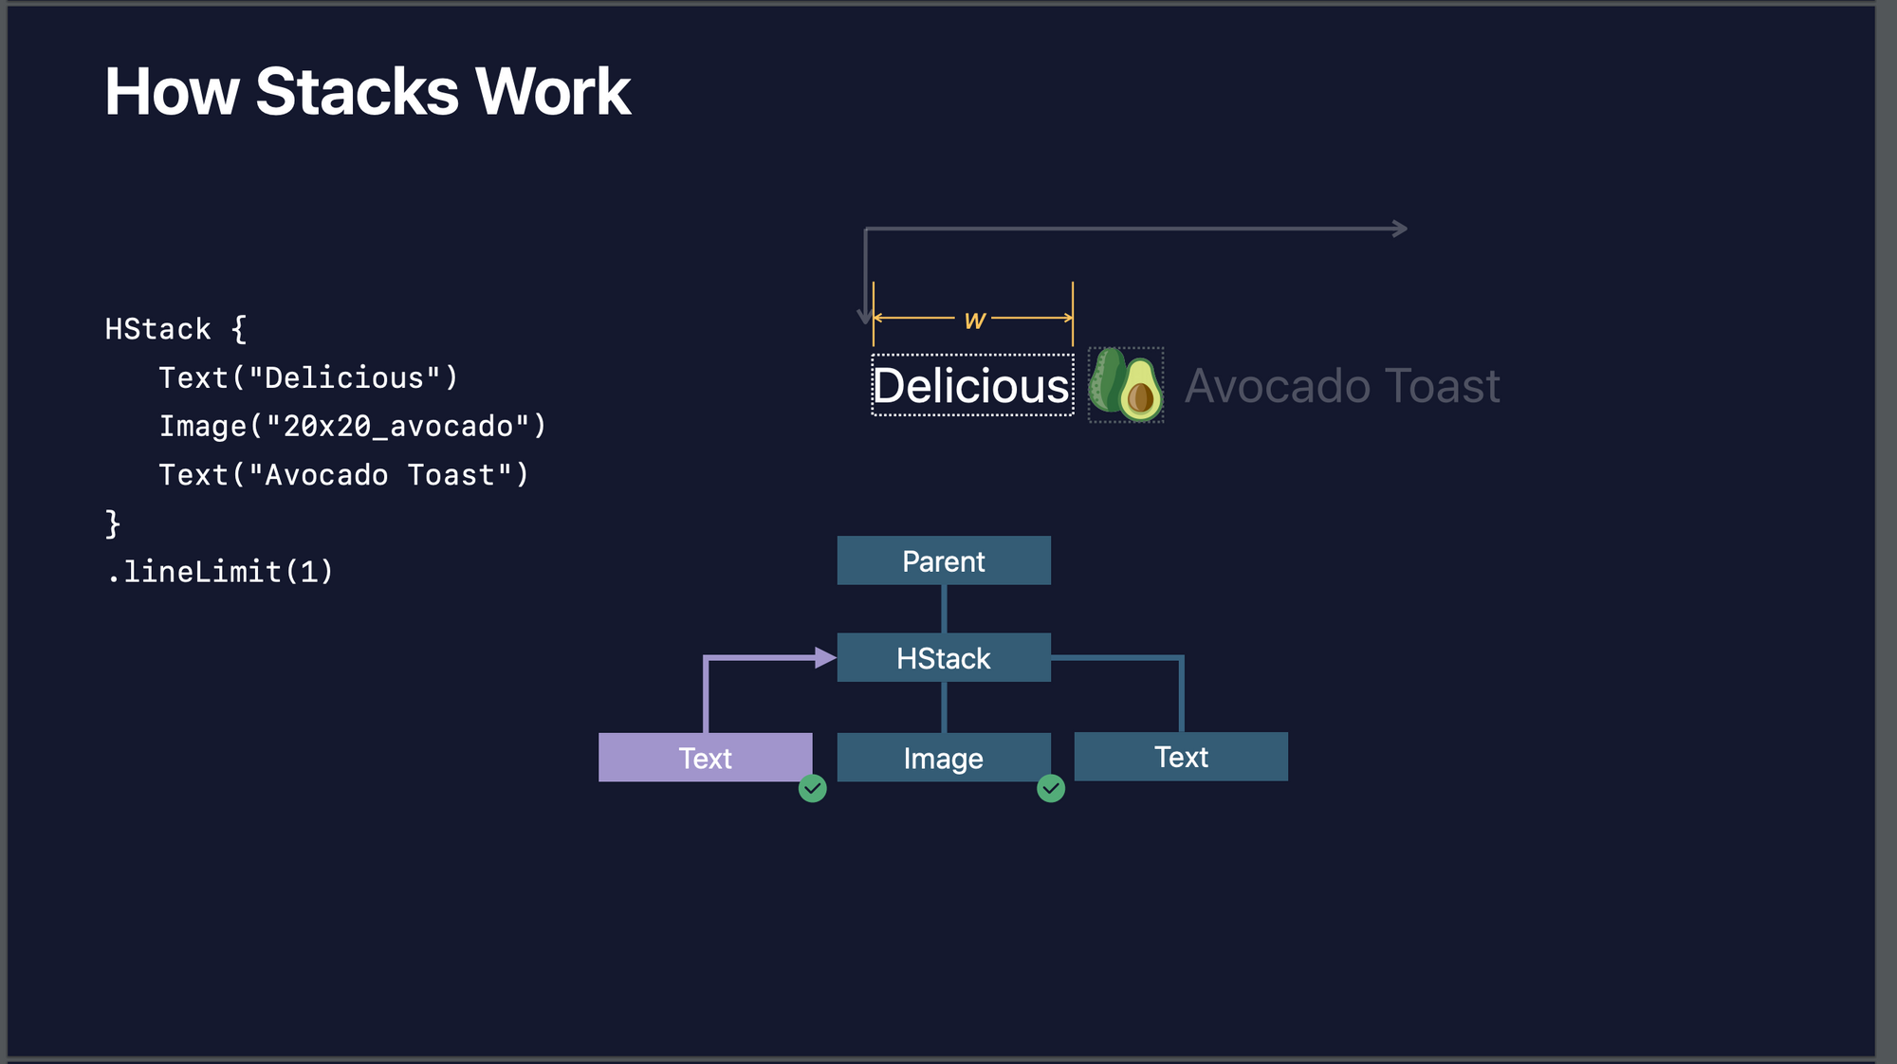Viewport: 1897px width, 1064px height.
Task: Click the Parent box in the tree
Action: point(944,560)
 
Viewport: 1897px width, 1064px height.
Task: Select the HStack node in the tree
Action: point(944,657)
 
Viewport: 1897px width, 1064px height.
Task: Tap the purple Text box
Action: point(705,757)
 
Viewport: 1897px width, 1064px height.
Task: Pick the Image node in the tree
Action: point(944,757)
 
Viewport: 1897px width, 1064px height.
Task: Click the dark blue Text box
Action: point(1181,757)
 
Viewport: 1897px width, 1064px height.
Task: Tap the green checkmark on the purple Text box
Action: point(813,788)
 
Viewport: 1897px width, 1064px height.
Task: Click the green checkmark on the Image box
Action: point(1051,788)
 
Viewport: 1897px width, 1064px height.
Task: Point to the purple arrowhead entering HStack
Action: point(825,657)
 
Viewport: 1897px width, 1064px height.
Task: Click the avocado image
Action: point(1126,384)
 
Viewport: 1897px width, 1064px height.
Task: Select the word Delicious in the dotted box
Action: point(971,386)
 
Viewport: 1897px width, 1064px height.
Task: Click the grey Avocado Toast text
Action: point(1342,386)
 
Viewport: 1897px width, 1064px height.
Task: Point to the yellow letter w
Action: point(974,321)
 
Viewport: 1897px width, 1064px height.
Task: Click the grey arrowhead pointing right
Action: point(1400,229)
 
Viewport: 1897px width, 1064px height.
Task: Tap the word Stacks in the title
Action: point(357,92)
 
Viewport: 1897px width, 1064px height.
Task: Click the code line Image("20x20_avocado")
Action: point(353,426)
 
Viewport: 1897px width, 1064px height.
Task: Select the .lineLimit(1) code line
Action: point(220,571)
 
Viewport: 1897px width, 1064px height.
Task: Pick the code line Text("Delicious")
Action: point(308,377)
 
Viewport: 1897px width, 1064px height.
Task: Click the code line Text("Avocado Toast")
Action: point(343,474)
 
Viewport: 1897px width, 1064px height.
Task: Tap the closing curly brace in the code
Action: point(113,523)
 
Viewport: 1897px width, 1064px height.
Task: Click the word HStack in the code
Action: point(157,329)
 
